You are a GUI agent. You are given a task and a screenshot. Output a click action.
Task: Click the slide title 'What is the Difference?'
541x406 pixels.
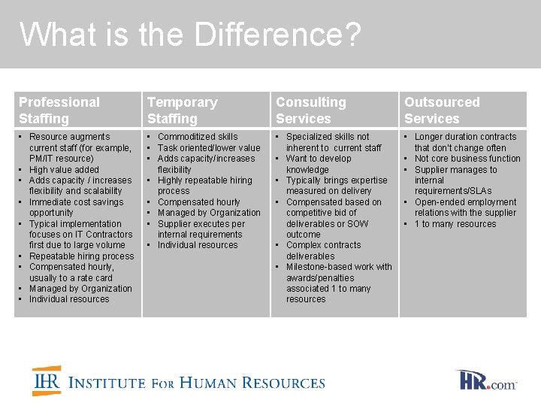coord(190,35)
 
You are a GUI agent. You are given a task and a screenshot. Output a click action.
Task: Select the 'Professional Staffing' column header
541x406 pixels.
coord(59,110)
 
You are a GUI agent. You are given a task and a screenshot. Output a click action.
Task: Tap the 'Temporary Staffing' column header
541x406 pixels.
coord(182,110)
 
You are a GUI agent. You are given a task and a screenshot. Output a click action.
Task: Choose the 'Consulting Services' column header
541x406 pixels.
coord(311,110)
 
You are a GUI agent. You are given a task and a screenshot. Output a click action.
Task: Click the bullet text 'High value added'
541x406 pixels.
coord(64,170)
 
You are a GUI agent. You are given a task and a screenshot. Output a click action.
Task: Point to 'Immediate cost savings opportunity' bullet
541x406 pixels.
coord(76,208)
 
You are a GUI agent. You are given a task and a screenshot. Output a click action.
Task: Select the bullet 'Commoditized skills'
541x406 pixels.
coord(198,137)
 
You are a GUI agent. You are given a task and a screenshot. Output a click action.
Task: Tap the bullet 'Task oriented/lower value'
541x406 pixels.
coord(209,148)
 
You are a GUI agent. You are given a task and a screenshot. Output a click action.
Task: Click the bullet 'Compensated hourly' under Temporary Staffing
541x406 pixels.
coord(199,202)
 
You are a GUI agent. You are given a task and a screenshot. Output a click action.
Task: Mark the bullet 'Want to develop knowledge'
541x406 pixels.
coord(319,164)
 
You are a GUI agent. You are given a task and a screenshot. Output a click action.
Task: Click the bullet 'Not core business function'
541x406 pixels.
coord(467,159)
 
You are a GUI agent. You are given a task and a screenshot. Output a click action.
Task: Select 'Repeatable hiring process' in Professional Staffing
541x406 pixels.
coord(81,256)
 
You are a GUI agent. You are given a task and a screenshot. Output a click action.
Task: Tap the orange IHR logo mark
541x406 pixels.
coord(46,381)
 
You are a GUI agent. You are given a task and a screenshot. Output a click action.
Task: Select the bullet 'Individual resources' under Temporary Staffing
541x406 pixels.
coord(198,245)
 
